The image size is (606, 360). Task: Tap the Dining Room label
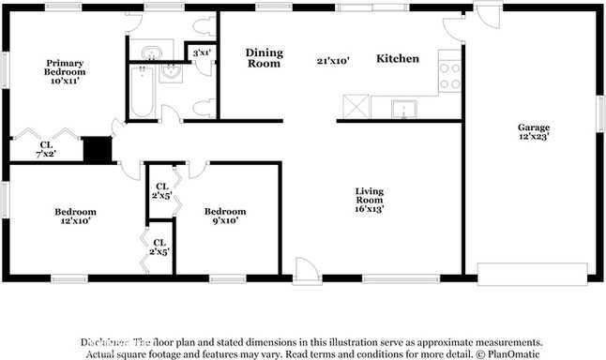(x=264, y=58)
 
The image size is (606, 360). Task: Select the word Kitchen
(x=397, y=59)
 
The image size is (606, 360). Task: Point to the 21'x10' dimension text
(x=332, y=60)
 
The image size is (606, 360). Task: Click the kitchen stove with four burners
(x=450, y=74)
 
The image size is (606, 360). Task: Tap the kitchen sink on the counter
(x=404, y=108)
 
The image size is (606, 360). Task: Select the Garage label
(x=534, y=127)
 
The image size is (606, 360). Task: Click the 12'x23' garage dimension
(x=534, y=137)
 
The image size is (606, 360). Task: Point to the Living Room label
(x=369, y=196)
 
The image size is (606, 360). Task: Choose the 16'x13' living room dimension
(x=369, y=209)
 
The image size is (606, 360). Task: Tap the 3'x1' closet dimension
(x=201, y=53)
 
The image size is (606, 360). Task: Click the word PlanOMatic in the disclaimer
(x=514, y=354)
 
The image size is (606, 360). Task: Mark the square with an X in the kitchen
(x=354, y=107)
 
